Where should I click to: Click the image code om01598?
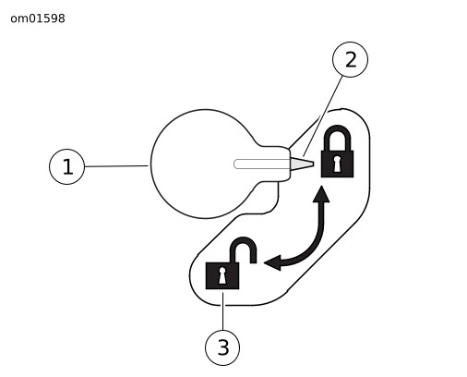point(38,18)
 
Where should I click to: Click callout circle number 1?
point(66,166)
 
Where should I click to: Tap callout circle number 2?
point(350,59)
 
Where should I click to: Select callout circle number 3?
point(222,347)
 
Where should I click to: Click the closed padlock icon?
point(337,152)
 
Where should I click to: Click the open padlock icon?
point(231,263)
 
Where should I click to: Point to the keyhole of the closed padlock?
point(337,164)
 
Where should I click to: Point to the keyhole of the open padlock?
point(222,275)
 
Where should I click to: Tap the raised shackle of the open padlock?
point(244,241)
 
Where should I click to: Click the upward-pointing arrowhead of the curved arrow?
point(321,194)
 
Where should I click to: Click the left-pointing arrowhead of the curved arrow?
point(272,262)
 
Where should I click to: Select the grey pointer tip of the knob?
point(302,164)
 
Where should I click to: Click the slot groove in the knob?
point(261,164)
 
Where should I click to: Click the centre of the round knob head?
point(205,164)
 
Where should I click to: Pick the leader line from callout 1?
point(116,166)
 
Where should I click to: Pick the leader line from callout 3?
point(222,311)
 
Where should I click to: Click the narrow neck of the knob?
point(275,164)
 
